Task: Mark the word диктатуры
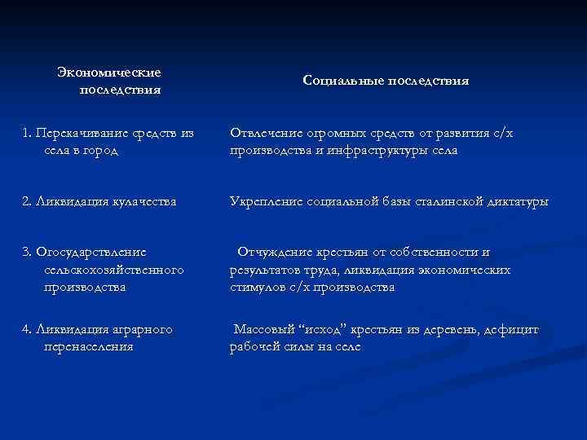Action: coord(520,200)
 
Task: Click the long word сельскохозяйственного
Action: coord(114,270)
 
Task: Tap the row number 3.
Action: coord(27,253)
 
